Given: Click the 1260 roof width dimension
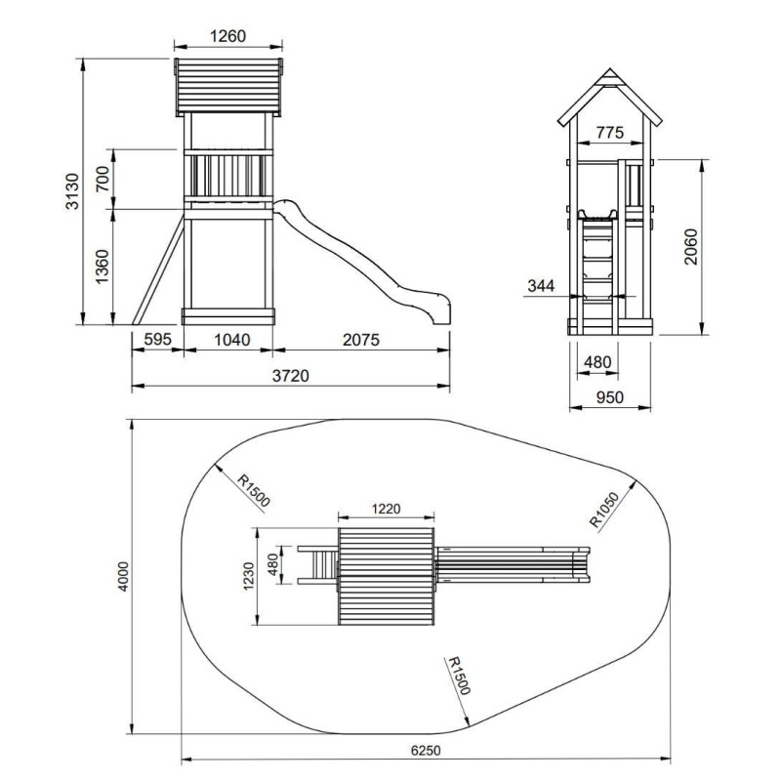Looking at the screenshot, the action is click(x=227, y=36).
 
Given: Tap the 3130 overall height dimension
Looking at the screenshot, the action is click(x=72, y=191).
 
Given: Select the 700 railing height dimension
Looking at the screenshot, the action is click(x=103, y=179).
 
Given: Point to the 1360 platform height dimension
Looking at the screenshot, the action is click(x=103, y=267).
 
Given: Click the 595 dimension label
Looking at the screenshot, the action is click(x=157, y=339).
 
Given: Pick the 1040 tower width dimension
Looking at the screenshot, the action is click(x=231, y=340).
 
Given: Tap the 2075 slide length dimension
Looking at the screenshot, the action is click(x=361, y=340).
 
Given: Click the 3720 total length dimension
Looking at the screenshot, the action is click(x=290, y=376).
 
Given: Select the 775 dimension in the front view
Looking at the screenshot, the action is click(x=610, y=133).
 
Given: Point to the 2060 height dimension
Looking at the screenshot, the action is click(x=691, y=247).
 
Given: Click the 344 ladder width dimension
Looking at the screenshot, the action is click(x=541, y=286).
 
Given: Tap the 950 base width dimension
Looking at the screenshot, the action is click(x=610, y=397).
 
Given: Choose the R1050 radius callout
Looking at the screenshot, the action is click(x=604, y=509).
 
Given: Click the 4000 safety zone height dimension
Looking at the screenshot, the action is click(x=124, y=576).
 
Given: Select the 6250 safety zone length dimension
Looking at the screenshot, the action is click(x=426, y=750).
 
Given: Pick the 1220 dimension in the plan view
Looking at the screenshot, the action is click(x=386, y=509).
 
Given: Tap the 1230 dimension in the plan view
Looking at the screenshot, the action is click(x=249, y=576).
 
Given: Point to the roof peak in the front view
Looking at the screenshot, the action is click(x=609, y=69).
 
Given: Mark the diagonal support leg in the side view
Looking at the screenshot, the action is click(x=158, y=270).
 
